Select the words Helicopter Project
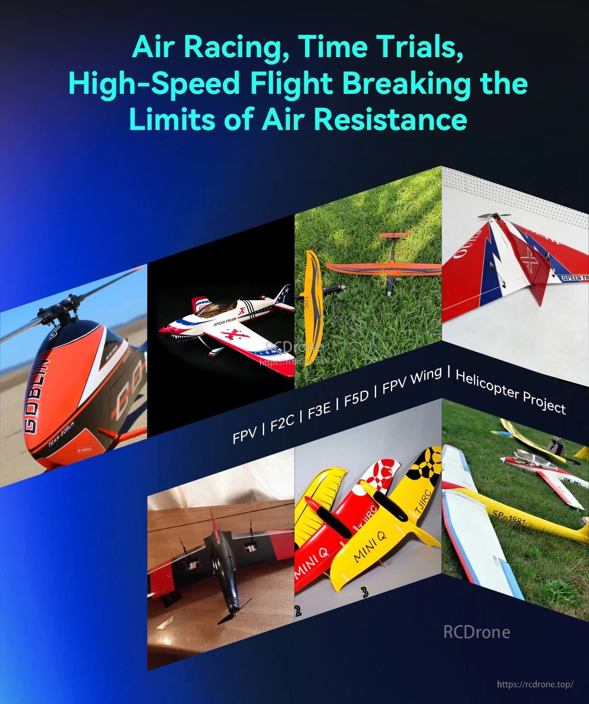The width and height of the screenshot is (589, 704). tap(510, 392)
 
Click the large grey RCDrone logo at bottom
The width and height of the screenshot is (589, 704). tap(477, 632)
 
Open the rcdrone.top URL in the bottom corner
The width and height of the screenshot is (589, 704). tap(535, 684)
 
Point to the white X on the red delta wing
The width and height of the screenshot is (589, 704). tap(530, 262)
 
